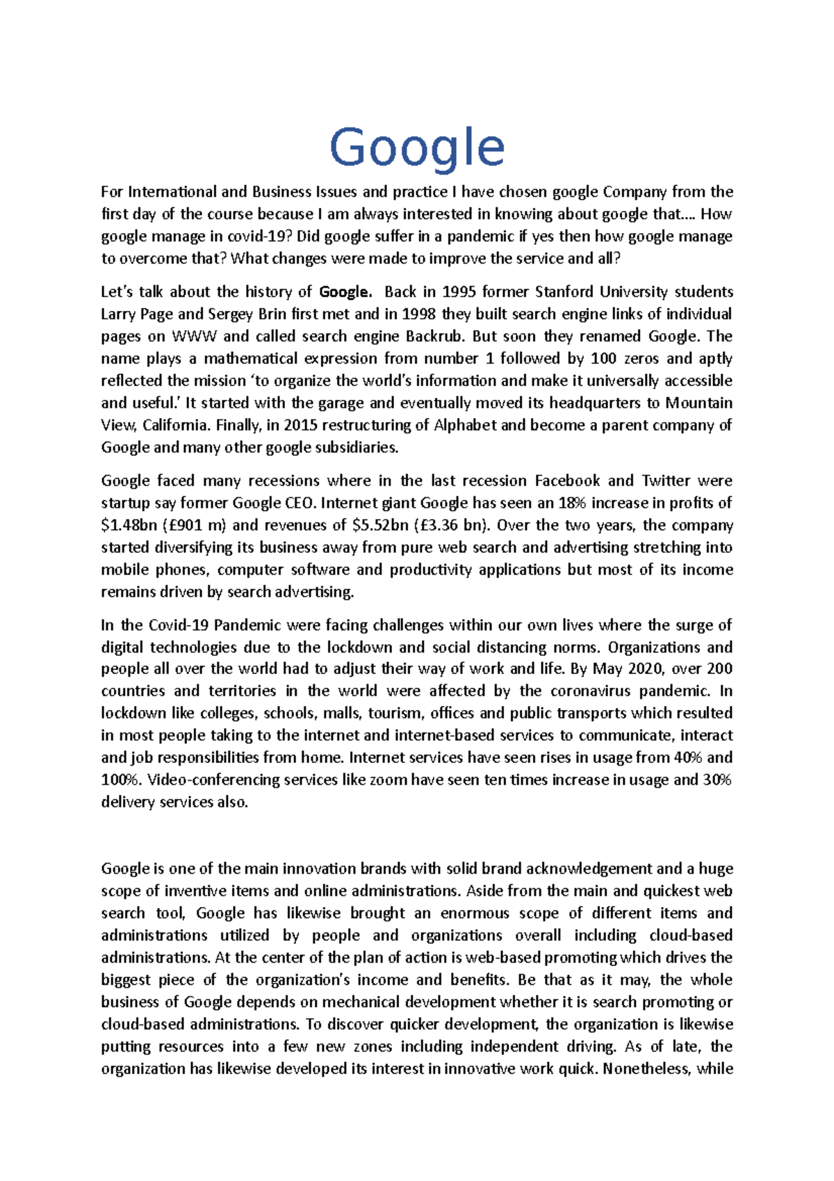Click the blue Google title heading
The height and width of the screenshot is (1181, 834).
[416, 148]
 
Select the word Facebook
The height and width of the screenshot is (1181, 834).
[567, 481]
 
